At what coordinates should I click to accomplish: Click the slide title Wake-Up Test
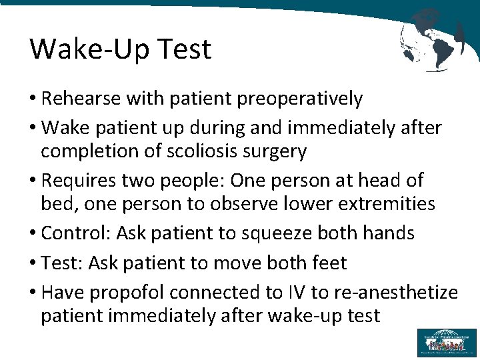pyautogui.click(x=120, y=49)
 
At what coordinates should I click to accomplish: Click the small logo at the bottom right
pyautogui.click(x=447, y=342)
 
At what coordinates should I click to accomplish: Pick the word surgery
pyautogui.click(x=275, y=152)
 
